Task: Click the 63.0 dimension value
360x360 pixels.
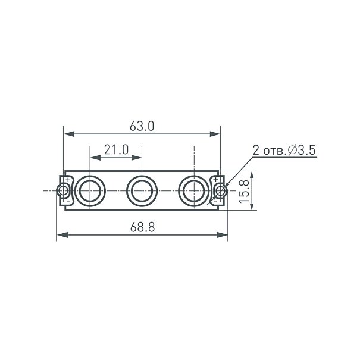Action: (x=142, y=126)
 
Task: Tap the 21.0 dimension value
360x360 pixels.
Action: (x=116, y=150)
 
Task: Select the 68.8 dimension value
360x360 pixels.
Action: (x=143, y=227)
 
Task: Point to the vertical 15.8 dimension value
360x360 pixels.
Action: (x=244, y=191)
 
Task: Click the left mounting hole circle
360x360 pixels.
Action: (x=63, y=190)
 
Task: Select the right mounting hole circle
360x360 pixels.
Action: (x=220, y=190)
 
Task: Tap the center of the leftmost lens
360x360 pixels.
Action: (x=90, y=191)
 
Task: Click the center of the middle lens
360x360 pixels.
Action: (x=142, y=191)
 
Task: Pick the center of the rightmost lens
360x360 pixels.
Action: (x=194, y=191)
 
